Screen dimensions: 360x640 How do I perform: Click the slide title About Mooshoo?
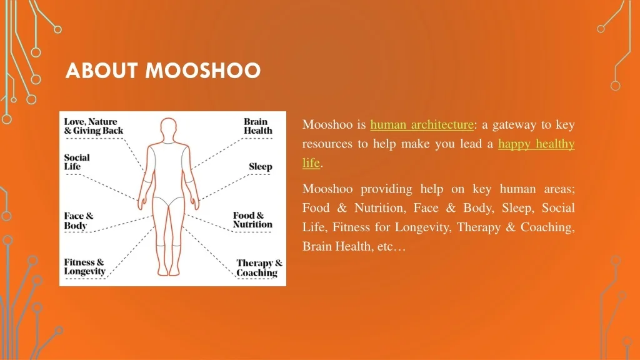pos(163,71)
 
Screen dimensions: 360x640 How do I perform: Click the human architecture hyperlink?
pos(422,124)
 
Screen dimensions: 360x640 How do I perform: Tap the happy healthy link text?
pos(536,144)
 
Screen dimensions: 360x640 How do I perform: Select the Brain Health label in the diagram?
pos(257,126)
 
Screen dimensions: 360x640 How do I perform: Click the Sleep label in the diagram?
pos(260,166)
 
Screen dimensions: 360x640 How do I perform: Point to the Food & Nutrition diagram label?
pos(252,220)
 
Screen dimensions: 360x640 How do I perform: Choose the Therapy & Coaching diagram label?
pos(259,268)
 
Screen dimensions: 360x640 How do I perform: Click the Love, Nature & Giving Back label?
pos(94,126)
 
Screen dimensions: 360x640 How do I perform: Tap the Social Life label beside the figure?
pos(77,162)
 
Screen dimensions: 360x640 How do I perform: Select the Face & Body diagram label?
pos(79,221)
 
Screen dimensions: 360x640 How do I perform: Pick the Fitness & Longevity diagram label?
pos(84,267)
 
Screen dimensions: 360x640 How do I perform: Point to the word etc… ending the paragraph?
pos(391,246)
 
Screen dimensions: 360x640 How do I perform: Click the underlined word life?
pos(311,163)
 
